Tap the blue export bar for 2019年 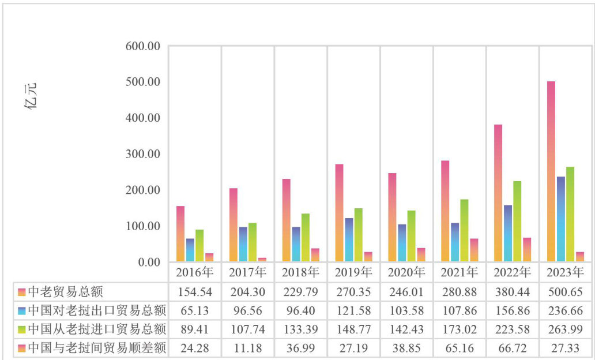349,239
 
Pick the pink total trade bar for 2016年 180,234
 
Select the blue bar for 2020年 402,243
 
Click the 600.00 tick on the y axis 142,46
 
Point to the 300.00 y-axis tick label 142,154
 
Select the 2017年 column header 248,272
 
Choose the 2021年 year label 460,272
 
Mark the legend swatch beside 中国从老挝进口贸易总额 22,330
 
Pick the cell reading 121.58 353,312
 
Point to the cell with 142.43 406,330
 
